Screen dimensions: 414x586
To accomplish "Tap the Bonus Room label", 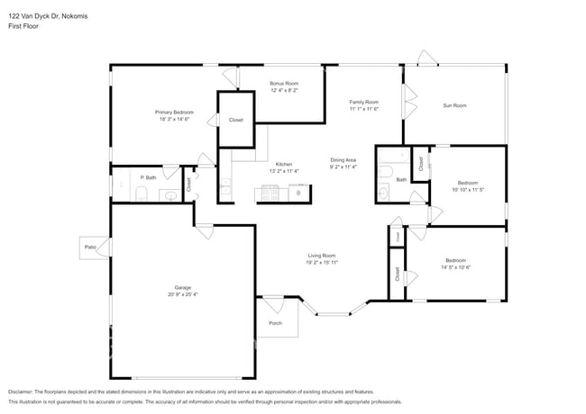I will [x=284, y=84].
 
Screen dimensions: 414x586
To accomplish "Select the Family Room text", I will [x=364, y=102].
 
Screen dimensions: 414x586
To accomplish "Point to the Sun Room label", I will [x=454, y=105].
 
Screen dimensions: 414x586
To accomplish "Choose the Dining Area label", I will [x=343, y=160].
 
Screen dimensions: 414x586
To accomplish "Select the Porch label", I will [x=275, y=323].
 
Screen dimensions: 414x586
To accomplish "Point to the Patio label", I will [x=90, y=247].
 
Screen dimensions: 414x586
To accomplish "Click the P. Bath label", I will [x=148, y=177].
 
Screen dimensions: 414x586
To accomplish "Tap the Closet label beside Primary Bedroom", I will [x=235, y=120].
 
